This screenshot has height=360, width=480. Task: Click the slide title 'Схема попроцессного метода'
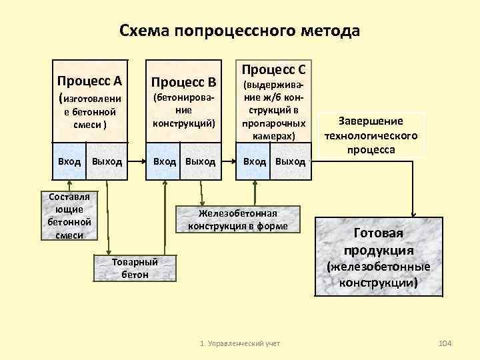pyautogui.click(x=239, y=31)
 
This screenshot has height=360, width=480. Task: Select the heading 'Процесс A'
pyautogui.click(x=89, y=81)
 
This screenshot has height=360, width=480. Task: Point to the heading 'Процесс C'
pyautogui.click(x=274, y=69)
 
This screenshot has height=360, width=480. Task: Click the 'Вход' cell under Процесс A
pyautogui.click(x=69, y=161)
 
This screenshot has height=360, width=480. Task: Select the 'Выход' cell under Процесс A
pyautogui.click(x=107, y=161)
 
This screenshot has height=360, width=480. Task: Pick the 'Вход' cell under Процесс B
pyautogui.click(x=165, y=161)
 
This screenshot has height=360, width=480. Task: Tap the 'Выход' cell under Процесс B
pyautogui.click(x=201, y=161)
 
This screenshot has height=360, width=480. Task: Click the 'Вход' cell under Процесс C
pyautogui.click(x=255, y=161)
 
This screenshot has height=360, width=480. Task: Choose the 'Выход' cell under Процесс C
pyautogui.click(x=290, y=161)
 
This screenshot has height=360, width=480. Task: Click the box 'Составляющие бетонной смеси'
pyautogui.click(x=69, y=215)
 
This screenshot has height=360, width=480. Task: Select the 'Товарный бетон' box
pyautogui.click(x=135, y=267)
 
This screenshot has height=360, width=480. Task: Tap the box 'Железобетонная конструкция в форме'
pyautogui.click(x=237, y=219)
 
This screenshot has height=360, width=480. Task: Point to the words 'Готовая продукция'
pyautogui.click(x=379, y=242)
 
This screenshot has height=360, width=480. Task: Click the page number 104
pyautogui.click(x=445, y=343)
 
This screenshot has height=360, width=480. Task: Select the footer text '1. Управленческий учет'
pyautogui.click(x=240, y=343)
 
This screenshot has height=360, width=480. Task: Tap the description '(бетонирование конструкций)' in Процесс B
pyautogui.click(x=184, y=110)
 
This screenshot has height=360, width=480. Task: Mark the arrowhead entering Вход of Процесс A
pyautogui.click(x=69, y=183)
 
